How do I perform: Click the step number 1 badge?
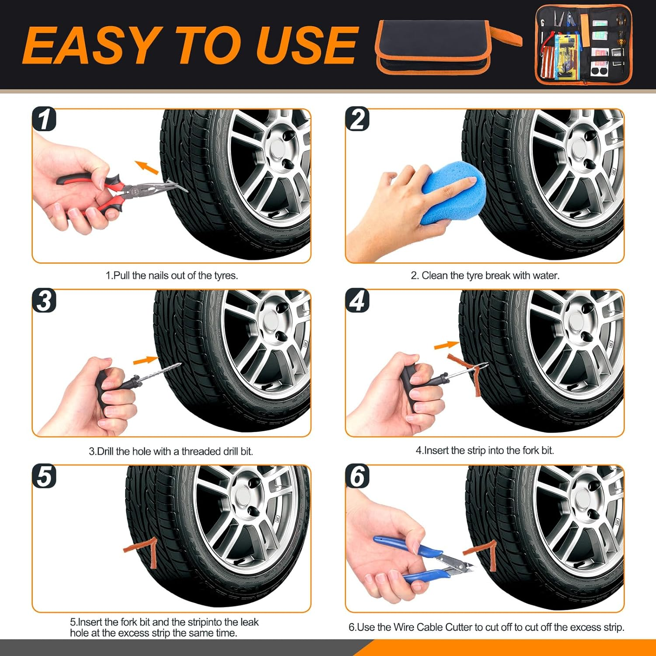pos(44,119)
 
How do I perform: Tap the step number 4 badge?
pos(357,301)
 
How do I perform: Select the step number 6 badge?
pos(357,476)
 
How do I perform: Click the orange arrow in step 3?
pos(145,360)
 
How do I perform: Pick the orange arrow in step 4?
pos(446,345)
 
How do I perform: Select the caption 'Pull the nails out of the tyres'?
pos(172,276)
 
